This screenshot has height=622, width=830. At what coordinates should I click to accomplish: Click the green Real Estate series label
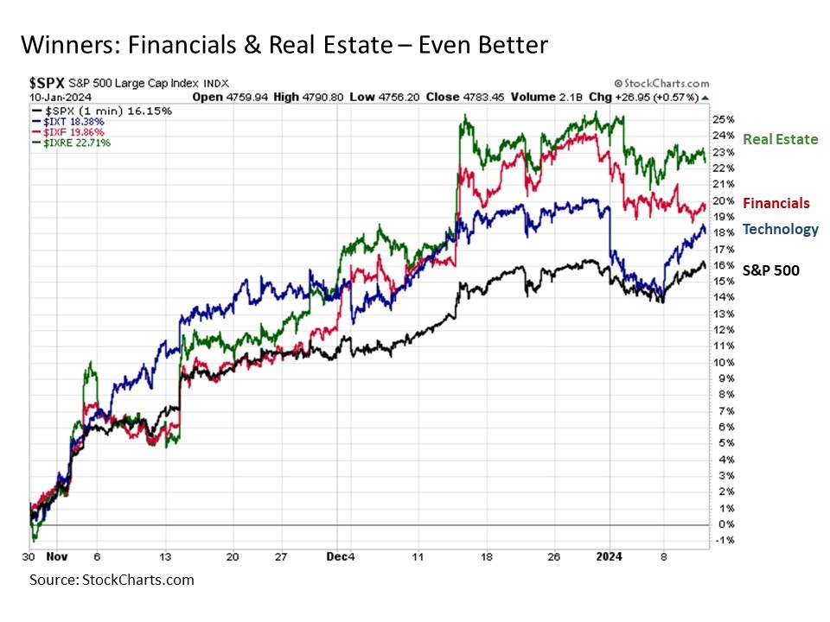(x=780, y=139)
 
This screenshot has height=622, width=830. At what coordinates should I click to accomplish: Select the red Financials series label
(x=776, y=203)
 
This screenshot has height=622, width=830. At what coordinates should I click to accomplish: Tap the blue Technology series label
(x=780, y=229)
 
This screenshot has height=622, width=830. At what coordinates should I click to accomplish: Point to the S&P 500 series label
(x=771, y=270)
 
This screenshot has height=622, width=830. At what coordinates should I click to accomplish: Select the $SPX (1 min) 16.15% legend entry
(x=101, y=111)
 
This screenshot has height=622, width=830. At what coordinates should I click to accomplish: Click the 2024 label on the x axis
(x=611, y=557)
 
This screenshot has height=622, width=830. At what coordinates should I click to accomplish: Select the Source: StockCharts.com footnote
(x=112, y=580)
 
